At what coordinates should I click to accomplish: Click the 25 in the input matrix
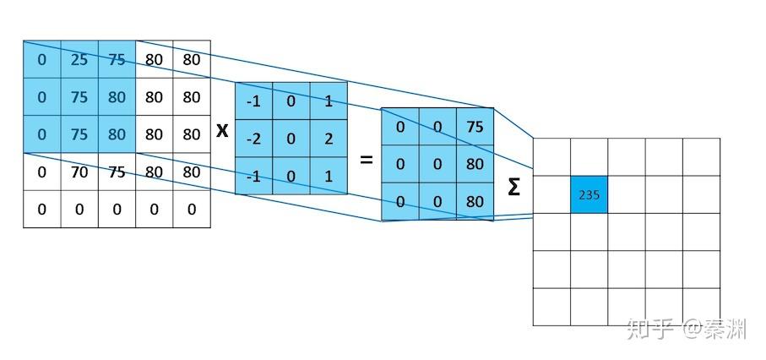point(79,60)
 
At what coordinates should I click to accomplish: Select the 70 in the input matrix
point(79,172)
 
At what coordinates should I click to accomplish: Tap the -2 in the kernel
point(253,139)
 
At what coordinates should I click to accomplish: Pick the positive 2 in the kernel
point(328,139)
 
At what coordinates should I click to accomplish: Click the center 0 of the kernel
point(291,139)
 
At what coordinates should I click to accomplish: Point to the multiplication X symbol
point(222,131)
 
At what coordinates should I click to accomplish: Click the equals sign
point(367,159)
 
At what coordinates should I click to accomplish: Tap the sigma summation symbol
point(513,188)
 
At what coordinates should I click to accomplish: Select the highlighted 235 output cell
point(589,194)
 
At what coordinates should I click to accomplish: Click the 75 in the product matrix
point(475,127)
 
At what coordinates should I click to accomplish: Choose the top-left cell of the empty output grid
point(551,156)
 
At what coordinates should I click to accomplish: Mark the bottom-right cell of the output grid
point(701,306)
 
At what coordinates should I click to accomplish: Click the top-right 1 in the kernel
point(328,101)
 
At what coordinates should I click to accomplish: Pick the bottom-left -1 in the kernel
point(253,176)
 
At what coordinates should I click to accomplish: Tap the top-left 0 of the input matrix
point(42,60)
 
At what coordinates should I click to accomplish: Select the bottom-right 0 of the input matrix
point(191,209)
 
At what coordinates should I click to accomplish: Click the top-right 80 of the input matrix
point(191,60)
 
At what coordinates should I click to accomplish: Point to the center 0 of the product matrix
point(437,164)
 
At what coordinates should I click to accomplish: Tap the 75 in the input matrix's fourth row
point(117,172)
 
